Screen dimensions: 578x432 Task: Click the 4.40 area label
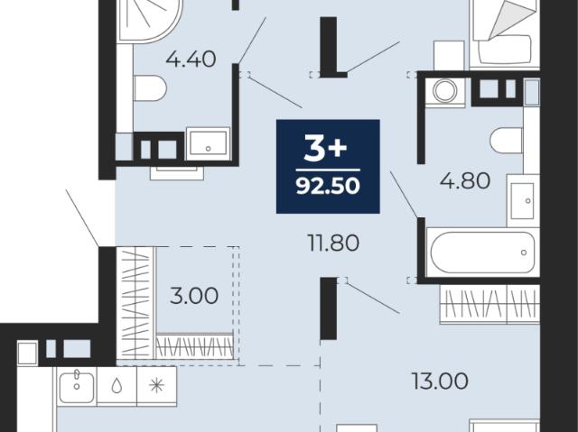(x=191, y=60)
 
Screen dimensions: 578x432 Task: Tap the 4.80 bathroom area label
(x=465, y=180)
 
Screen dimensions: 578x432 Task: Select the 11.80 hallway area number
(x=333, y=244)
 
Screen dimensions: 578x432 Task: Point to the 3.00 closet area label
(x=194, y=296)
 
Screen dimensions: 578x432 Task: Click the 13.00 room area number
(x=440, y=381)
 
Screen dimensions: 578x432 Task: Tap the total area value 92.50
(x=328, y=186)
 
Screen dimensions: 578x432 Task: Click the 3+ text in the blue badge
(x=325, y=148)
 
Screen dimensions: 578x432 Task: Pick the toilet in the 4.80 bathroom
(x=507, y=141)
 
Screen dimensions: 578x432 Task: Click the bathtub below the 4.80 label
(x=482, y=252)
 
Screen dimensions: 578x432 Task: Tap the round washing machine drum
(x=445, y=90)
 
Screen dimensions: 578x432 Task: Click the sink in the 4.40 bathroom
(x=208, y=144)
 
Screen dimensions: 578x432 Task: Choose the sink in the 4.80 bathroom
(x=523, y=200)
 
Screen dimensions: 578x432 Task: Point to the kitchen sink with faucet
(x=77, y=386)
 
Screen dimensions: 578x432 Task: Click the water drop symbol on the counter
(x=117, y=386)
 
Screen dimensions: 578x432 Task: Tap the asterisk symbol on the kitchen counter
(x=156, y=386)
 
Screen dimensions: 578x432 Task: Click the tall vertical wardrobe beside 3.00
(x=135, y=302)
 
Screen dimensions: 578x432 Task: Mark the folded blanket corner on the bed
(x=512, y=19)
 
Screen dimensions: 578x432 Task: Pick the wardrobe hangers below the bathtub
(x=489, y=304)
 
